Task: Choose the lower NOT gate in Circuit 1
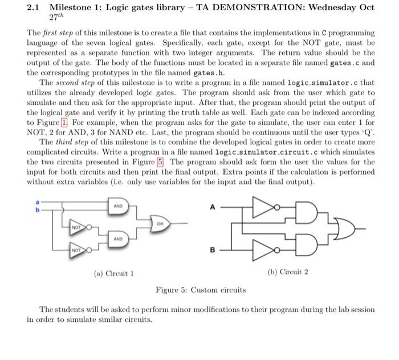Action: [x=76, y=250]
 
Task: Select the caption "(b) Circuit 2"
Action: [x=288, y=272]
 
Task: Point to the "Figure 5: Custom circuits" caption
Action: [x=201, y=290]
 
